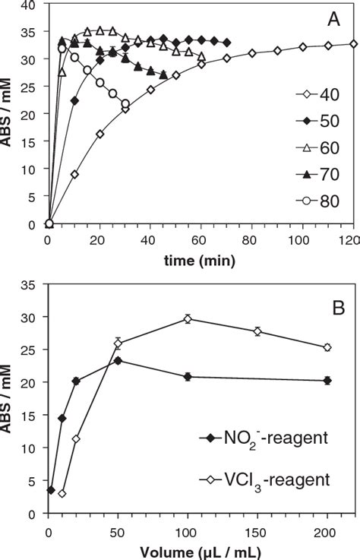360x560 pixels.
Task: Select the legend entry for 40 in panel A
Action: point(319,115)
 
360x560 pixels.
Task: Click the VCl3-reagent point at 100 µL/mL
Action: point(188,319)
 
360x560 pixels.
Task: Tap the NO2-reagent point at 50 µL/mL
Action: point(118,360)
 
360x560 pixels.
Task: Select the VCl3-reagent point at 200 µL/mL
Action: point(327,347)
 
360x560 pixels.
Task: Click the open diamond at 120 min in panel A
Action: point(353,44)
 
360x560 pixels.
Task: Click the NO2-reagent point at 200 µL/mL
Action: point(327,380)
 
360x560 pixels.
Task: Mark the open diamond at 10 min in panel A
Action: point(74,174)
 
